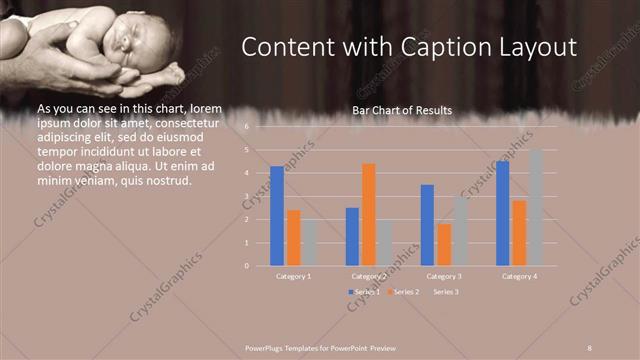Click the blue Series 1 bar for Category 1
click(x=277, y=215)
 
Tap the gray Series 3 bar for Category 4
click(x=535, y=208)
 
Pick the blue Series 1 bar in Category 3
click(x=427, y=225)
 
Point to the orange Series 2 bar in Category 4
click(x=518, y=233)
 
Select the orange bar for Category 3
click(x=443, y=245)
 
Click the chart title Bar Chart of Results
click(x=402, y=110)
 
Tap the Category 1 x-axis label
click(x=293, y=276)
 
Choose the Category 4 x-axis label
click(x=519, y=276)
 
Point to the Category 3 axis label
click(x=443, y=276)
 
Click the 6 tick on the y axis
click(x=246, y=127)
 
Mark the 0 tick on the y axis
click(x=246, y=266)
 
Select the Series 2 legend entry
click(x=404, y=292)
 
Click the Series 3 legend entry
click(x=445, y=292)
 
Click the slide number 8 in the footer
click(x=590, y=348)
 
